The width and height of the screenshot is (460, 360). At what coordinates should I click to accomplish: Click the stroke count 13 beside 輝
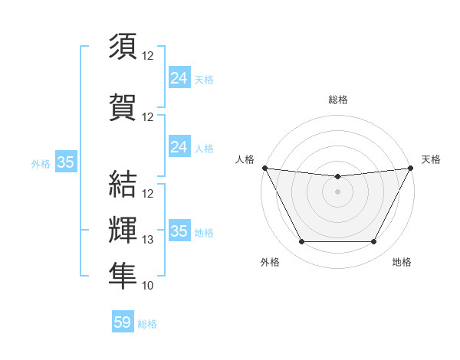tap(148, 240)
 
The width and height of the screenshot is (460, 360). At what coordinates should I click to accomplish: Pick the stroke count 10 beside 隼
tap(148, 286)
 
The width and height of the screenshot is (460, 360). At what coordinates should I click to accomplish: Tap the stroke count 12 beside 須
tap(148, 56)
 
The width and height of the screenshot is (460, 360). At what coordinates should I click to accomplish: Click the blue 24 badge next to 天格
tap(179, 77)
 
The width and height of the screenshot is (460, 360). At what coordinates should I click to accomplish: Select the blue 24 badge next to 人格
tap(179, 146)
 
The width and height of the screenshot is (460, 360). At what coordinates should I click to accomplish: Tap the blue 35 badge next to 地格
tap(179, 231)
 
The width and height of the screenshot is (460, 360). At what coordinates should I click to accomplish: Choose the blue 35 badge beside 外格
tap(65, 162)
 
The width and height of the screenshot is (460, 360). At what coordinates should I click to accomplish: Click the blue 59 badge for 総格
tap(122, 322)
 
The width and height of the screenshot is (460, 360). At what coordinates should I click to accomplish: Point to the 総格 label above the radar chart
tap(337, 100)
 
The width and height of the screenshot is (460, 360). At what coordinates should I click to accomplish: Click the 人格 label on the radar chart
tap(245, 159)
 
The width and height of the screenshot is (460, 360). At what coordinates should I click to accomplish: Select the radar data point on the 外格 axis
tap(301, 242)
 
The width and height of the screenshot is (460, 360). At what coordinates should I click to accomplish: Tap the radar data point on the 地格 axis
tap(374, 242)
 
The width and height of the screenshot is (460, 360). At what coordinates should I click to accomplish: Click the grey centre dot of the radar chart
tap(337, 191)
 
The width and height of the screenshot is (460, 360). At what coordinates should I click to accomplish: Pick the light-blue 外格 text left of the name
tap(41, 163)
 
